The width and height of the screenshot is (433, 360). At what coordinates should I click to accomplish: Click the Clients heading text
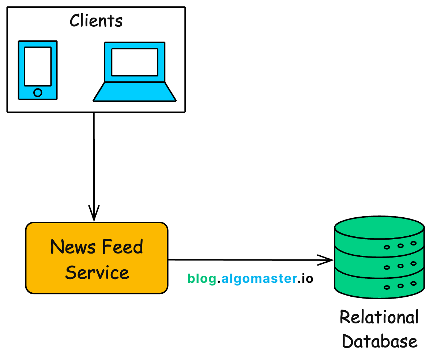click(x=96, y=21)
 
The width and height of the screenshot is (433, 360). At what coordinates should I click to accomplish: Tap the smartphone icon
click(x=38, y=70)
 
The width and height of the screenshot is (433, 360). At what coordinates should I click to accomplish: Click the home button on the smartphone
click(x=38, y=93)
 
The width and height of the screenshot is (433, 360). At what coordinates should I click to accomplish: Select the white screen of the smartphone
click(x=38, y=66)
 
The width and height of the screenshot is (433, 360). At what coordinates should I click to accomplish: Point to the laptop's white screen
click(x=135, y=62)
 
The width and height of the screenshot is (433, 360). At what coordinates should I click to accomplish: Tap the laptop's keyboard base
click(x=135, y=92)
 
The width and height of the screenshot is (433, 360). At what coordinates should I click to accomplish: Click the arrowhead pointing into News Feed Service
click(x=94, y=214)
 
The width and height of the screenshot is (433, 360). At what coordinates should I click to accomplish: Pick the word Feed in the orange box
click(x=123, y=247)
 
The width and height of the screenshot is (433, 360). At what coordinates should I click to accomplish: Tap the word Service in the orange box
click(x=97, y=273)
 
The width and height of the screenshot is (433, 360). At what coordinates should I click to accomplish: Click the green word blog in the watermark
click(x=202, y=279)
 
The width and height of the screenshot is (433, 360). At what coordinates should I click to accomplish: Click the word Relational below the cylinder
click(x=379, y=317)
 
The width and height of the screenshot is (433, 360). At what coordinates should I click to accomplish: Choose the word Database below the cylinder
click(x=379, y=341)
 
